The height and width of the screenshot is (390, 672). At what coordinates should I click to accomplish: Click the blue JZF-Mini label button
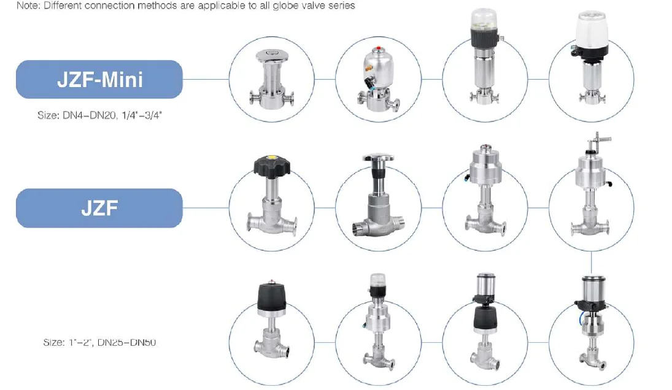coord(99,79)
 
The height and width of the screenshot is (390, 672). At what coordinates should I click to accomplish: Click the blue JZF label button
coord(99,208)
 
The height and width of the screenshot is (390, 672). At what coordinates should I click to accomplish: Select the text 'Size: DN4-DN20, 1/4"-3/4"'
coord(99,115)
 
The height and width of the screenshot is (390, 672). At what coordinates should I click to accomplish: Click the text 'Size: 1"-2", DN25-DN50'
coord(99,342)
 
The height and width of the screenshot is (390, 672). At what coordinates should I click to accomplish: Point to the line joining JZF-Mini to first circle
coord(206,79)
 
